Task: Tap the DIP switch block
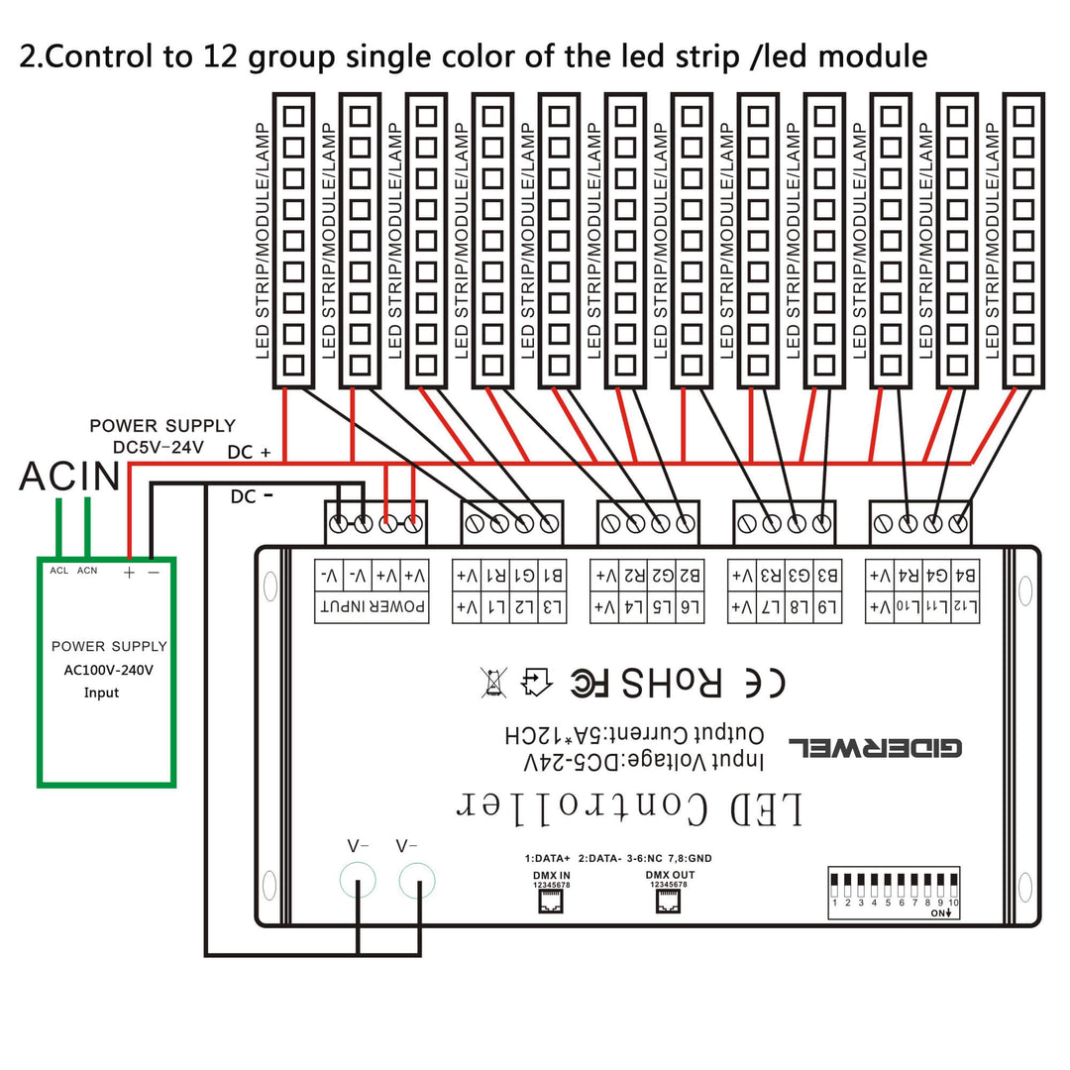click(x=895, y=887)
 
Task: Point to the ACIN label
click(x=69, y=477)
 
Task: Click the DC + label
click(x=249, y=452)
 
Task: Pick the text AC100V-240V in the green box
click(x=108, y=670)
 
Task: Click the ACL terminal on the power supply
click(x=59, y=570)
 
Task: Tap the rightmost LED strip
click(x=1023, y=240)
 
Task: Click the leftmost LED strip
click(x=292, y=240)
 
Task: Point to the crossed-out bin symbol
click(x=493, y=683)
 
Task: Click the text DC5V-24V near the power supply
click(x=159, y=447)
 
